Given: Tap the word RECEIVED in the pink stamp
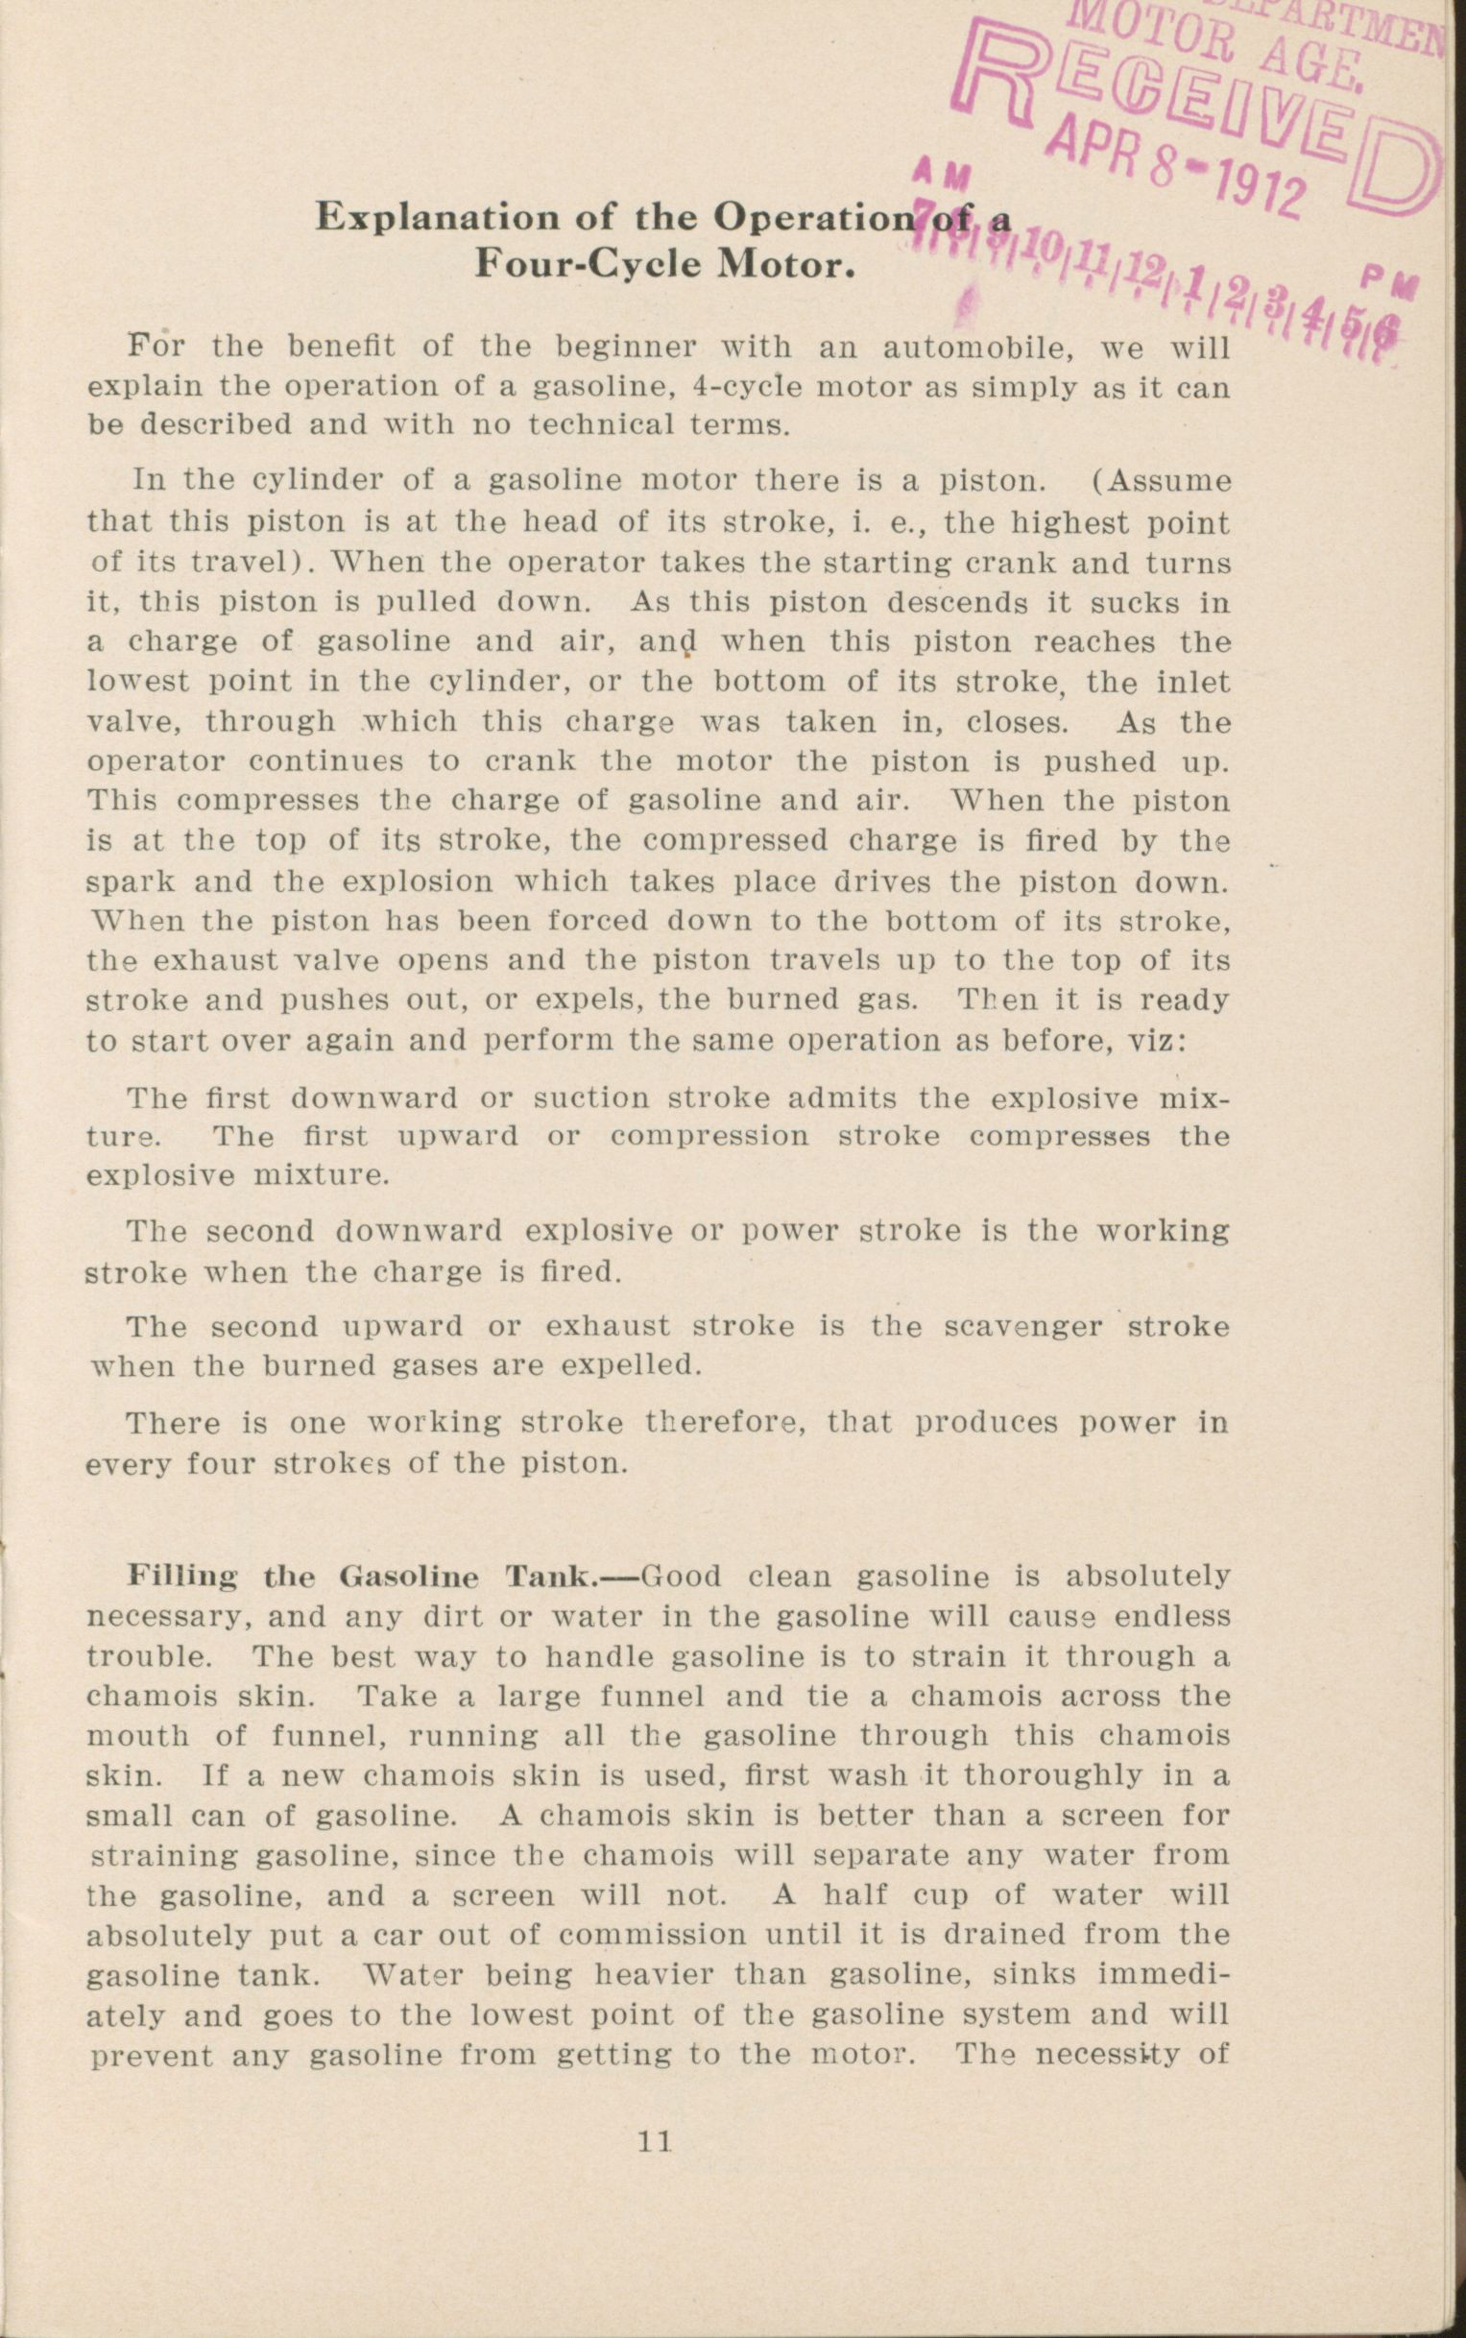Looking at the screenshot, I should click(x=1192, y=107).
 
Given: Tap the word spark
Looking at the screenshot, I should click(x=127, y=881).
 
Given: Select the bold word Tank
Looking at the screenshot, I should click(x=550, y=1576).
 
